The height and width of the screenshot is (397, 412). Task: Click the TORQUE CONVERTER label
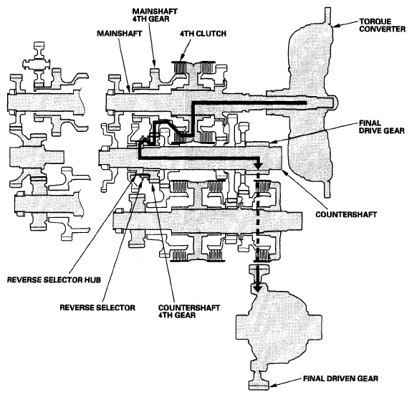[x=382, y=25]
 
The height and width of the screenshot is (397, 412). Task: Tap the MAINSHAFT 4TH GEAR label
[x=155, y=15]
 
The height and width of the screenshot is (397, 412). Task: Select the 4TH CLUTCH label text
[x=203, y=34]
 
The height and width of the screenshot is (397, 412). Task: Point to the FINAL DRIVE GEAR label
[x=381, y=127]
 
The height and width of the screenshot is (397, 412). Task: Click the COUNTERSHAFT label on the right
[x=346, y=214]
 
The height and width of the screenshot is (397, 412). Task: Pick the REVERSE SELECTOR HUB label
[x=54, y=279]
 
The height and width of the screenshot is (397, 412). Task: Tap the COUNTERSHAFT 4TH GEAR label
[x=189, y=311]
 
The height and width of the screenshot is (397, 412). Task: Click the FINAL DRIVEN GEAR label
[x=340, y=378]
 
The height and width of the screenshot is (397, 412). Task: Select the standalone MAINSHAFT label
[x=120, y=34]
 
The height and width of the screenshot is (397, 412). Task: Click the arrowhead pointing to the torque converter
[x=336, y=26]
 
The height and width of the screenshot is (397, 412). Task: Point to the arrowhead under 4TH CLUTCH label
[x=182, y=58]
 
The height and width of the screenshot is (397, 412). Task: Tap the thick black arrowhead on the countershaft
[x=259, y=165]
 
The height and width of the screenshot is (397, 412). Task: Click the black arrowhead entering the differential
[x=258, y=287]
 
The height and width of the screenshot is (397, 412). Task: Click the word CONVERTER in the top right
[x=382, y=29]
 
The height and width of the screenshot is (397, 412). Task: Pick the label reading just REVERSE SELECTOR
[x=97, y=307]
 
